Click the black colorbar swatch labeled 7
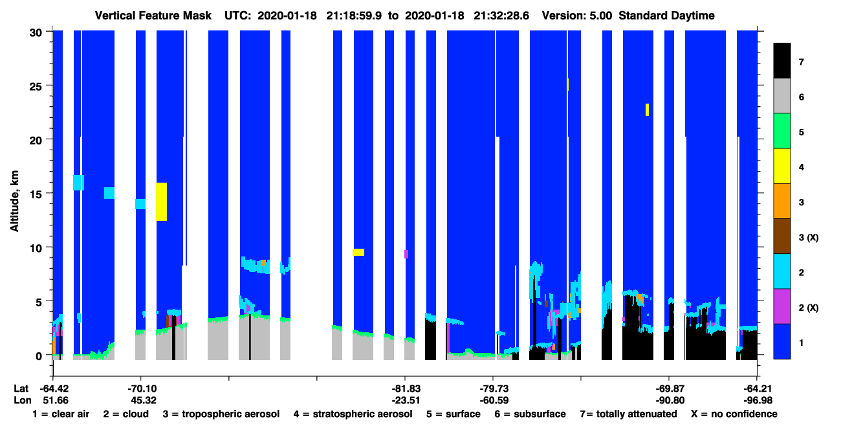(781, 60)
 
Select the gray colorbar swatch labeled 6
(781, 96)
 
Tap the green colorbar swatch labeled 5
(781, 131)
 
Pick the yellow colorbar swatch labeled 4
(781, 166)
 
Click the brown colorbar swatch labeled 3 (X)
(781, 236)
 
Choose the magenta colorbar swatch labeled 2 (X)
(781, 306)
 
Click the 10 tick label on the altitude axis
(36, 248)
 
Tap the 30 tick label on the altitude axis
(36, 33)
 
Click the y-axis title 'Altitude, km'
(14, 201)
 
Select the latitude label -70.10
(142, 389)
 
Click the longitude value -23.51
(406, 400)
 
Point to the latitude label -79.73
(494, 389)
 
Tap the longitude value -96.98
(758, 400)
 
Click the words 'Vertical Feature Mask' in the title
(153, 16)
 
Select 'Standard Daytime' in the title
(666, 16)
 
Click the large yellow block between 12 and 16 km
(162, 201)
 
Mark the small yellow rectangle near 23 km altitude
(648, 110)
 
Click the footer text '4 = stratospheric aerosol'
(353, 414)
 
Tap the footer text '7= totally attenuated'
(629, 414)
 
